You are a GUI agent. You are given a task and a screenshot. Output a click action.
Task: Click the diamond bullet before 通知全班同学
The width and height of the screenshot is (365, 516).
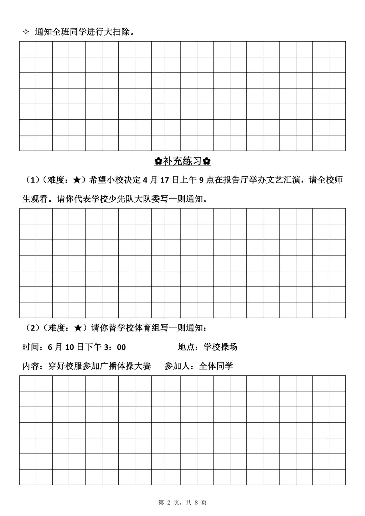(25, 32)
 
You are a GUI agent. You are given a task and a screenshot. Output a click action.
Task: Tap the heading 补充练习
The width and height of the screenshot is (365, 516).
(182, 161)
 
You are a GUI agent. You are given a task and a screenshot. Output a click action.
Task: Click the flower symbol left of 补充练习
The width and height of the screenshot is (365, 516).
(158, 161)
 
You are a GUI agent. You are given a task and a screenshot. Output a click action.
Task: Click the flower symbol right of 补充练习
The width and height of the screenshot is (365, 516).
(207, 161)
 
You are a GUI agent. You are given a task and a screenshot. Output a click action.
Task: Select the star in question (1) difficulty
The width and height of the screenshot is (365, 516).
(77, 180)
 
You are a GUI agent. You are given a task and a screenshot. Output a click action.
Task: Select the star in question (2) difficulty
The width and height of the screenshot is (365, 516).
(77, 328)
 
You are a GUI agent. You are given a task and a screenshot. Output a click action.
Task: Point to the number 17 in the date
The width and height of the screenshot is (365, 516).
(164, 180)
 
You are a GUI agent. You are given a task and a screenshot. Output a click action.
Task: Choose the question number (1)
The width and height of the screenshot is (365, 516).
(33, 180)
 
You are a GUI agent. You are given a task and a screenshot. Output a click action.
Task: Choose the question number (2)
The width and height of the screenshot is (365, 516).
(33, 328)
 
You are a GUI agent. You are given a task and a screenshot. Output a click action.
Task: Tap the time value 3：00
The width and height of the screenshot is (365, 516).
(115, 347)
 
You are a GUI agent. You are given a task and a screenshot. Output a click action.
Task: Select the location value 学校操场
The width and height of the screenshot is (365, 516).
(220, 347)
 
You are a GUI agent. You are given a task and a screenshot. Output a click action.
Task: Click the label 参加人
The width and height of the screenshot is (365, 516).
(177, 366)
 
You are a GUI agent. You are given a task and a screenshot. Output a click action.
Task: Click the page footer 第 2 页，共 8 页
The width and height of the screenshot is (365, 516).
(182, 502)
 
